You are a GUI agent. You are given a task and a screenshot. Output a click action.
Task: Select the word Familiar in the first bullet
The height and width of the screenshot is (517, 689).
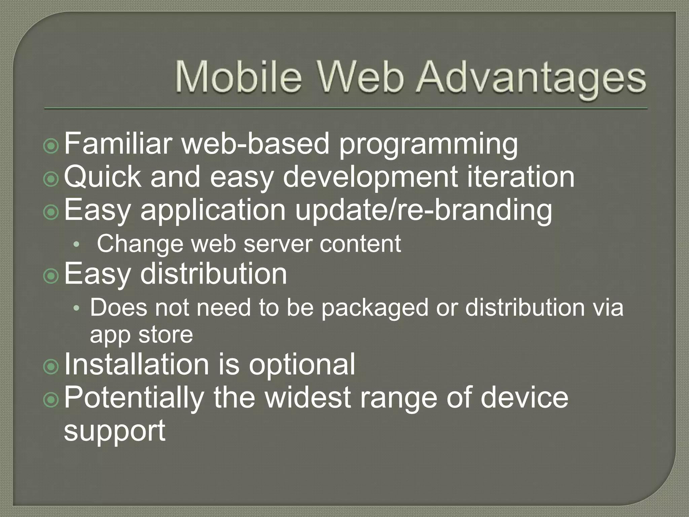(118, 143)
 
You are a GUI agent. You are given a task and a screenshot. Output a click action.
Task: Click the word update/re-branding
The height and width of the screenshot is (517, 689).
(423, 210)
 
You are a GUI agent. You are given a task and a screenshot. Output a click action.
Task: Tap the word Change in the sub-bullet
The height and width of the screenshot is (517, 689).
(140, 244)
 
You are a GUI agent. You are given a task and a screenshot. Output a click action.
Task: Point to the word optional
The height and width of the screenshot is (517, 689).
(302, 365)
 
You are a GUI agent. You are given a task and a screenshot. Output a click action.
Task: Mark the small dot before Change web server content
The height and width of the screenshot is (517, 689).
(77, 245)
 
